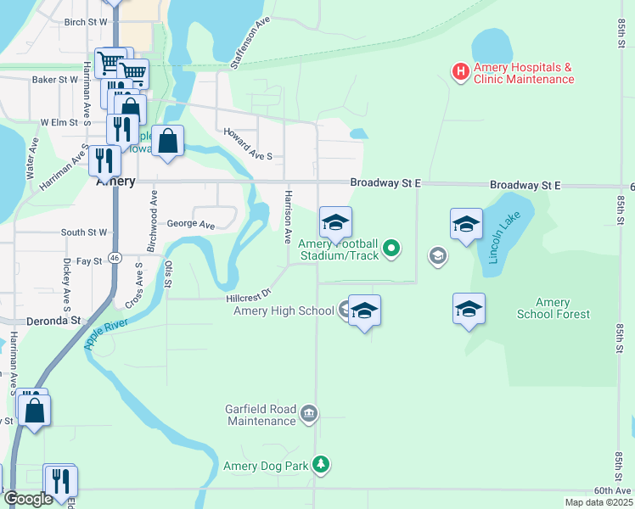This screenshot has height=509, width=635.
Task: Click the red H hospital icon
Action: click(460, 71)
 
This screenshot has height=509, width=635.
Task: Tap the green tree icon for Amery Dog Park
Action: click(320, 464)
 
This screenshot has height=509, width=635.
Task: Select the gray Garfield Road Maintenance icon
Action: click(308, 414)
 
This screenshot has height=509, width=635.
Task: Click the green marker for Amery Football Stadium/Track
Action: click(391, 249)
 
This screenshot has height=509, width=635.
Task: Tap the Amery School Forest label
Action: click(553, 309)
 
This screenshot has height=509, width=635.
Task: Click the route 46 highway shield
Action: click(115, 257)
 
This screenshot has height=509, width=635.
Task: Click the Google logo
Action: click(27, 499)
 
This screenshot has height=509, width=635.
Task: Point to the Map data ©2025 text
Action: click(598, 502)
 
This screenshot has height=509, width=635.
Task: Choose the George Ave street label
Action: click(191, 225)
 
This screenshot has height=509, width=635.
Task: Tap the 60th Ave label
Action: click(612, 490)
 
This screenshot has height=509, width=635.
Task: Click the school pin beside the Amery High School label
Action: click(364, 312)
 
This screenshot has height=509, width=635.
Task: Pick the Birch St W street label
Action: click(87, 21)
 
